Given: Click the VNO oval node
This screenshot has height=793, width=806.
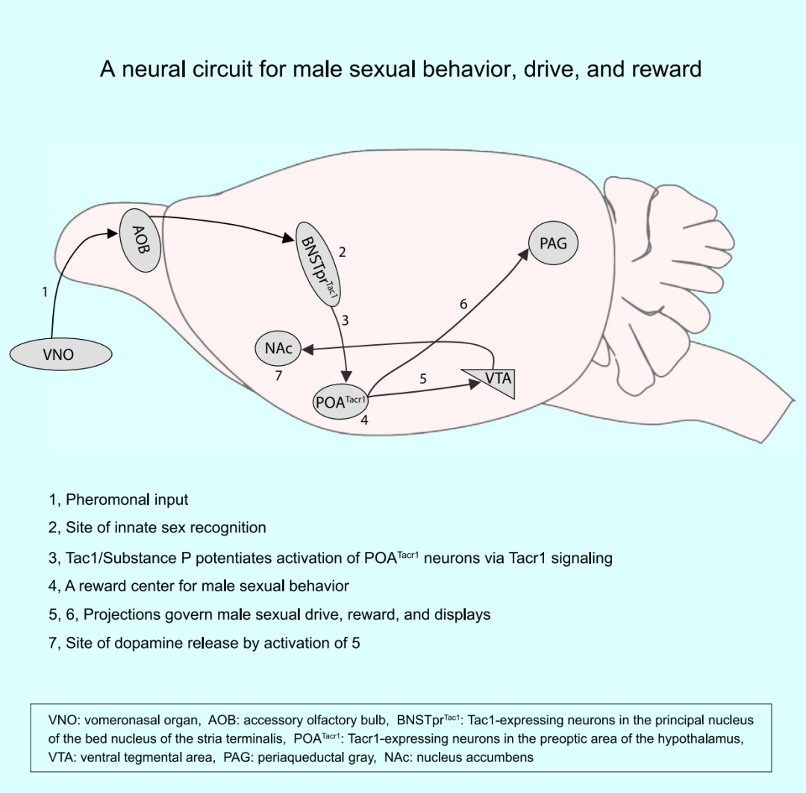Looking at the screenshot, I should click(x=60, y=354).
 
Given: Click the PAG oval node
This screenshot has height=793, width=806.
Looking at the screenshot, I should click(x=553, y=243).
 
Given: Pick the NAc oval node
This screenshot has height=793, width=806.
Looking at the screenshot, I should click(x=278, y=348).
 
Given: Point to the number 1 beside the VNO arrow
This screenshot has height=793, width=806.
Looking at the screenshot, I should click(x=45, y=292).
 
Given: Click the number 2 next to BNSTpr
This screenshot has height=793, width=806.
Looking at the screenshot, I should click(x=342, y=252).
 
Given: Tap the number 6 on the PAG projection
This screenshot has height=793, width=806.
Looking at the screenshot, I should click(x=463, y=304).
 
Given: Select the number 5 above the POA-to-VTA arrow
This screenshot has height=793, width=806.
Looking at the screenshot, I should click(x=422, y=379).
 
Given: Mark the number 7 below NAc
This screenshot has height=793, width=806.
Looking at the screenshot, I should click(x=278, y=376).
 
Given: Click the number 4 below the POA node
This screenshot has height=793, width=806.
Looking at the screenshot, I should click(x=364, y=420).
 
